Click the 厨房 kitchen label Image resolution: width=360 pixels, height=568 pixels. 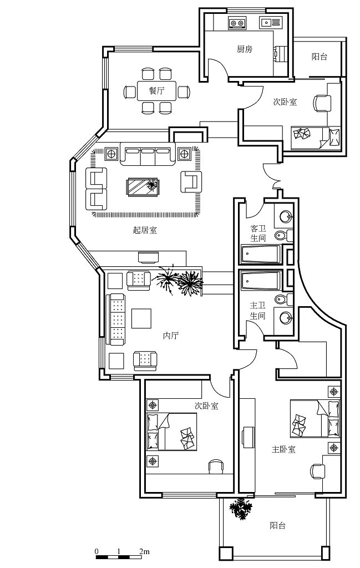tap(245, 49)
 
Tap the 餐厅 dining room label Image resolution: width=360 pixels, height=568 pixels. tap(156, 91)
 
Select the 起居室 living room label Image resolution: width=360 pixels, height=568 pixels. tap(145, 230)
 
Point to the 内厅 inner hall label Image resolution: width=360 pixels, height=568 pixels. tap(171, 336)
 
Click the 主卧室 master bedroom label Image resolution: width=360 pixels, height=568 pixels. tap(283, 449)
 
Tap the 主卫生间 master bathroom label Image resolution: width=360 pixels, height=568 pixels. tap(257, 310)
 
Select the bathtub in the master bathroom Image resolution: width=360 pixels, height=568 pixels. tap(261, 280)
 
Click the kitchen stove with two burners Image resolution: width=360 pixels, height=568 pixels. tap(237, 23)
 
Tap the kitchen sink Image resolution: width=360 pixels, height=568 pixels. tap(270, 23)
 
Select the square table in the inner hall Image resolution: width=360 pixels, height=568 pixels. tap(142, 318)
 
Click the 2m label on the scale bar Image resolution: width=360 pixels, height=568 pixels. tap(144, 552)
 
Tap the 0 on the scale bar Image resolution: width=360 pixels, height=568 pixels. tap(97, 552)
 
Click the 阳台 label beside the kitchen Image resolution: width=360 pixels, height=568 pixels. tap(319, 57)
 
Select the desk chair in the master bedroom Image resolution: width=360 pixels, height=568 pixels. tap(316, 471)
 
